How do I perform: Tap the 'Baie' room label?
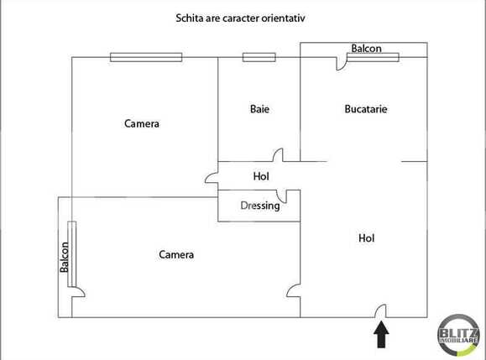(260, 109)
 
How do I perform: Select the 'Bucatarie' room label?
(366, 109)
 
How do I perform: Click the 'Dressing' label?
(260, 206)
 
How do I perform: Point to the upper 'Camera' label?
(142, 123)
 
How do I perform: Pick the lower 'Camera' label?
(176, 254)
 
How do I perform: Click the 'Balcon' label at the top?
(366, 49)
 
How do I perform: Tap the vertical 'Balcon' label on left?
(64, 257)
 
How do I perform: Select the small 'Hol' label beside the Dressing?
(261, 177)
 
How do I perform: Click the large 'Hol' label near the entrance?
(366, 238)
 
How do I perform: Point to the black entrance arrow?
(381, 336)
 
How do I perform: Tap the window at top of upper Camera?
(145, 57)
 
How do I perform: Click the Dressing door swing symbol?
(292, 197)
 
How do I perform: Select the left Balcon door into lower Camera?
(77, 292)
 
